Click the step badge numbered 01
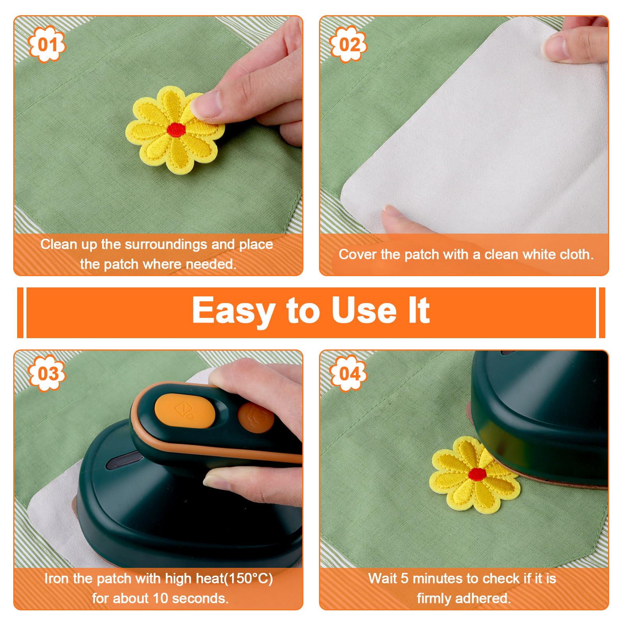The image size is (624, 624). point(47,44)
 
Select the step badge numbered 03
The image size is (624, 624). point(47,373)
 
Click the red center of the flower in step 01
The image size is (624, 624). point(176,129)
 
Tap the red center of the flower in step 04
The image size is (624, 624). point(477,473)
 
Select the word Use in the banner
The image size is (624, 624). point(364,310)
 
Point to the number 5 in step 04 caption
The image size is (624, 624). point(404,578)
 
